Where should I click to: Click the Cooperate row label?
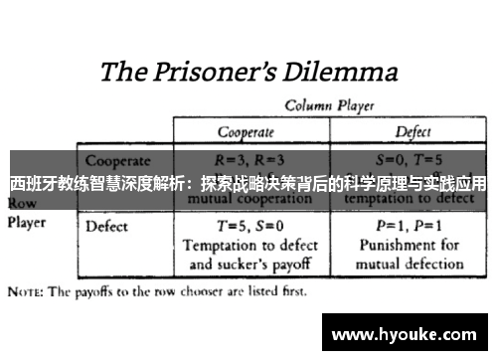tap(117, 159)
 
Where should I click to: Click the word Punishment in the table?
tap(395, 244)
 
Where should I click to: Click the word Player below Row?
tap(27, 222)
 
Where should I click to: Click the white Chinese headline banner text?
tap(248, 184)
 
